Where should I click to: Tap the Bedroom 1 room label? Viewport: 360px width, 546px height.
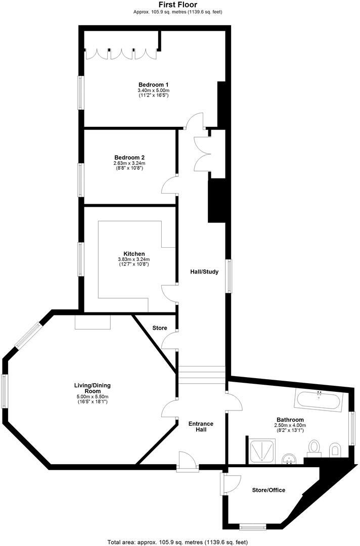[x=153, y=84]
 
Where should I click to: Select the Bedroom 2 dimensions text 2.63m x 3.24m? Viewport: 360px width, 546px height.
[x=129, y=163]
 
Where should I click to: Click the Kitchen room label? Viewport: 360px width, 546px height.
[x=134, y=254]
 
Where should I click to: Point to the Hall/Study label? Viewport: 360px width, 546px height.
[x=204, y=272]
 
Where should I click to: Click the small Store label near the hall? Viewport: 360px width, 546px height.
[x=160, y=328]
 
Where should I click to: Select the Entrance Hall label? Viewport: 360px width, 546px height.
[x=201, y=427]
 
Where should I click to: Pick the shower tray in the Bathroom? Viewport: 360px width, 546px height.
[x=263, y=450]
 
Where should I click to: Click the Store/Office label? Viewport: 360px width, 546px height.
[x=268, y=490]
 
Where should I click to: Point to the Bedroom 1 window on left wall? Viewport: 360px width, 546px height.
[x=80, y=93]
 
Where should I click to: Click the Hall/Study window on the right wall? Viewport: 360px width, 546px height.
[x=229, y=276]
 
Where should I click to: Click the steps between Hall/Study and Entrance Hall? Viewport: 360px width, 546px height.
[x=200, y=375]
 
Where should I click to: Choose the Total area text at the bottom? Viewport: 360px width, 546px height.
[x=177, y=542]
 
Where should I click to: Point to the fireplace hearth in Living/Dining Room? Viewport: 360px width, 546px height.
[x=92, y=322]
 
